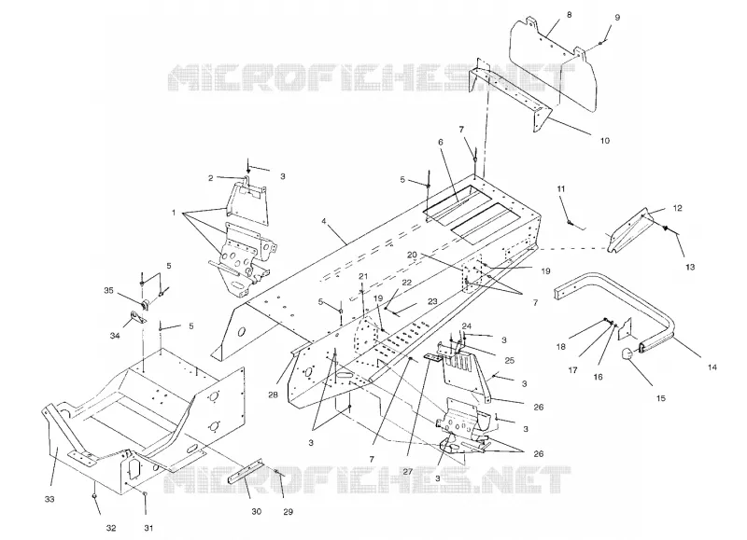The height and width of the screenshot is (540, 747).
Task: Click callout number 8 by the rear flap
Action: coord(570,15)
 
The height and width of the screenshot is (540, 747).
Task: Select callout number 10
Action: coord(604,140)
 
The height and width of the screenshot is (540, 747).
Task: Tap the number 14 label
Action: coord(712,367)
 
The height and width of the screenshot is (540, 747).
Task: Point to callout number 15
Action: coord(661,398)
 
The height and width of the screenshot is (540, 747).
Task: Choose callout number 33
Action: coord(49,499)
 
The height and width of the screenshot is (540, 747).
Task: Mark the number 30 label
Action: coord(256,511)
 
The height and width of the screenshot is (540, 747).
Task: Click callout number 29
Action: coord(288,511)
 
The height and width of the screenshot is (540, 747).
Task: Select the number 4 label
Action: coord(324,221)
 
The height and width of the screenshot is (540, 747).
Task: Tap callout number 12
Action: coord(678,208)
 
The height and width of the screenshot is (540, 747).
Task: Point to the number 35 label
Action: coord(108,290)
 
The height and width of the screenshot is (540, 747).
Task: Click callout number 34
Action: coord(115,336)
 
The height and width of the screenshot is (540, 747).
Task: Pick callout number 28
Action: coord(273,395)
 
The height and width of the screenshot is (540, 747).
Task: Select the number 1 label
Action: coord(174,213)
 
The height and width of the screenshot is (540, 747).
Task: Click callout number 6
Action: coord(441,142)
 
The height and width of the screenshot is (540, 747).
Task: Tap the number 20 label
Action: coord(412,255)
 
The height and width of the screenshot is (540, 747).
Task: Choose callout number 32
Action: coord(110,528)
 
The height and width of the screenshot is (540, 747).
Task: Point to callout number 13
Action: coord(690,267)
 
